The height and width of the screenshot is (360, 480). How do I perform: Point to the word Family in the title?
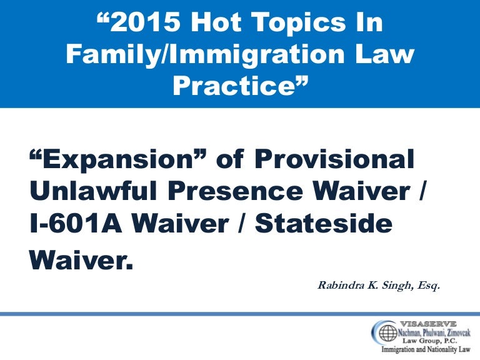click(109, 54)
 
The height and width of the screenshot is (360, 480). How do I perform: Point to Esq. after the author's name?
click(429, 286)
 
